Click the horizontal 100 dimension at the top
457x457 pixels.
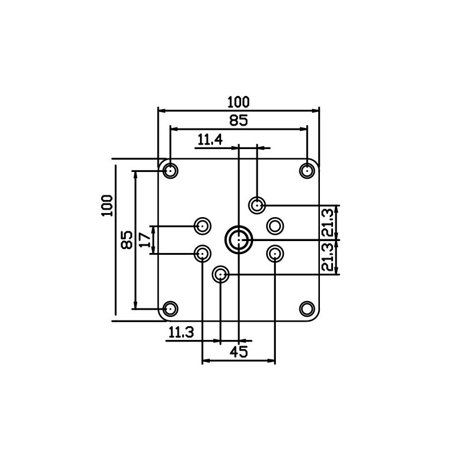[x=238, y=102]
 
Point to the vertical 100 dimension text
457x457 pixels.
[x=107, y=206]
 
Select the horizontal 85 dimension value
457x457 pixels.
[x=238, y=120]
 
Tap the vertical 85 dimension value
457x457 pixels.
[x=127, y=240]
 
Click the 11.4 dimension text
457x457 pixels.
[x=210, y=139]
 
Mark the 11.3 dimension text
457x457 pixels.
[x=181, y=332]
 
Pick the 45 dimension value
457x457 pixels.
[x=239, y=352]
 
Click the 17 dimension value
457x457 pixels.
[x=145, y=239]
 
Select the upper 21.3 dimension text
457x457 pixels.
[x=327, y=222]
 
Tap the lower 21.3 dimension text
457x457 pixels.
[x=327, y=257]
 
